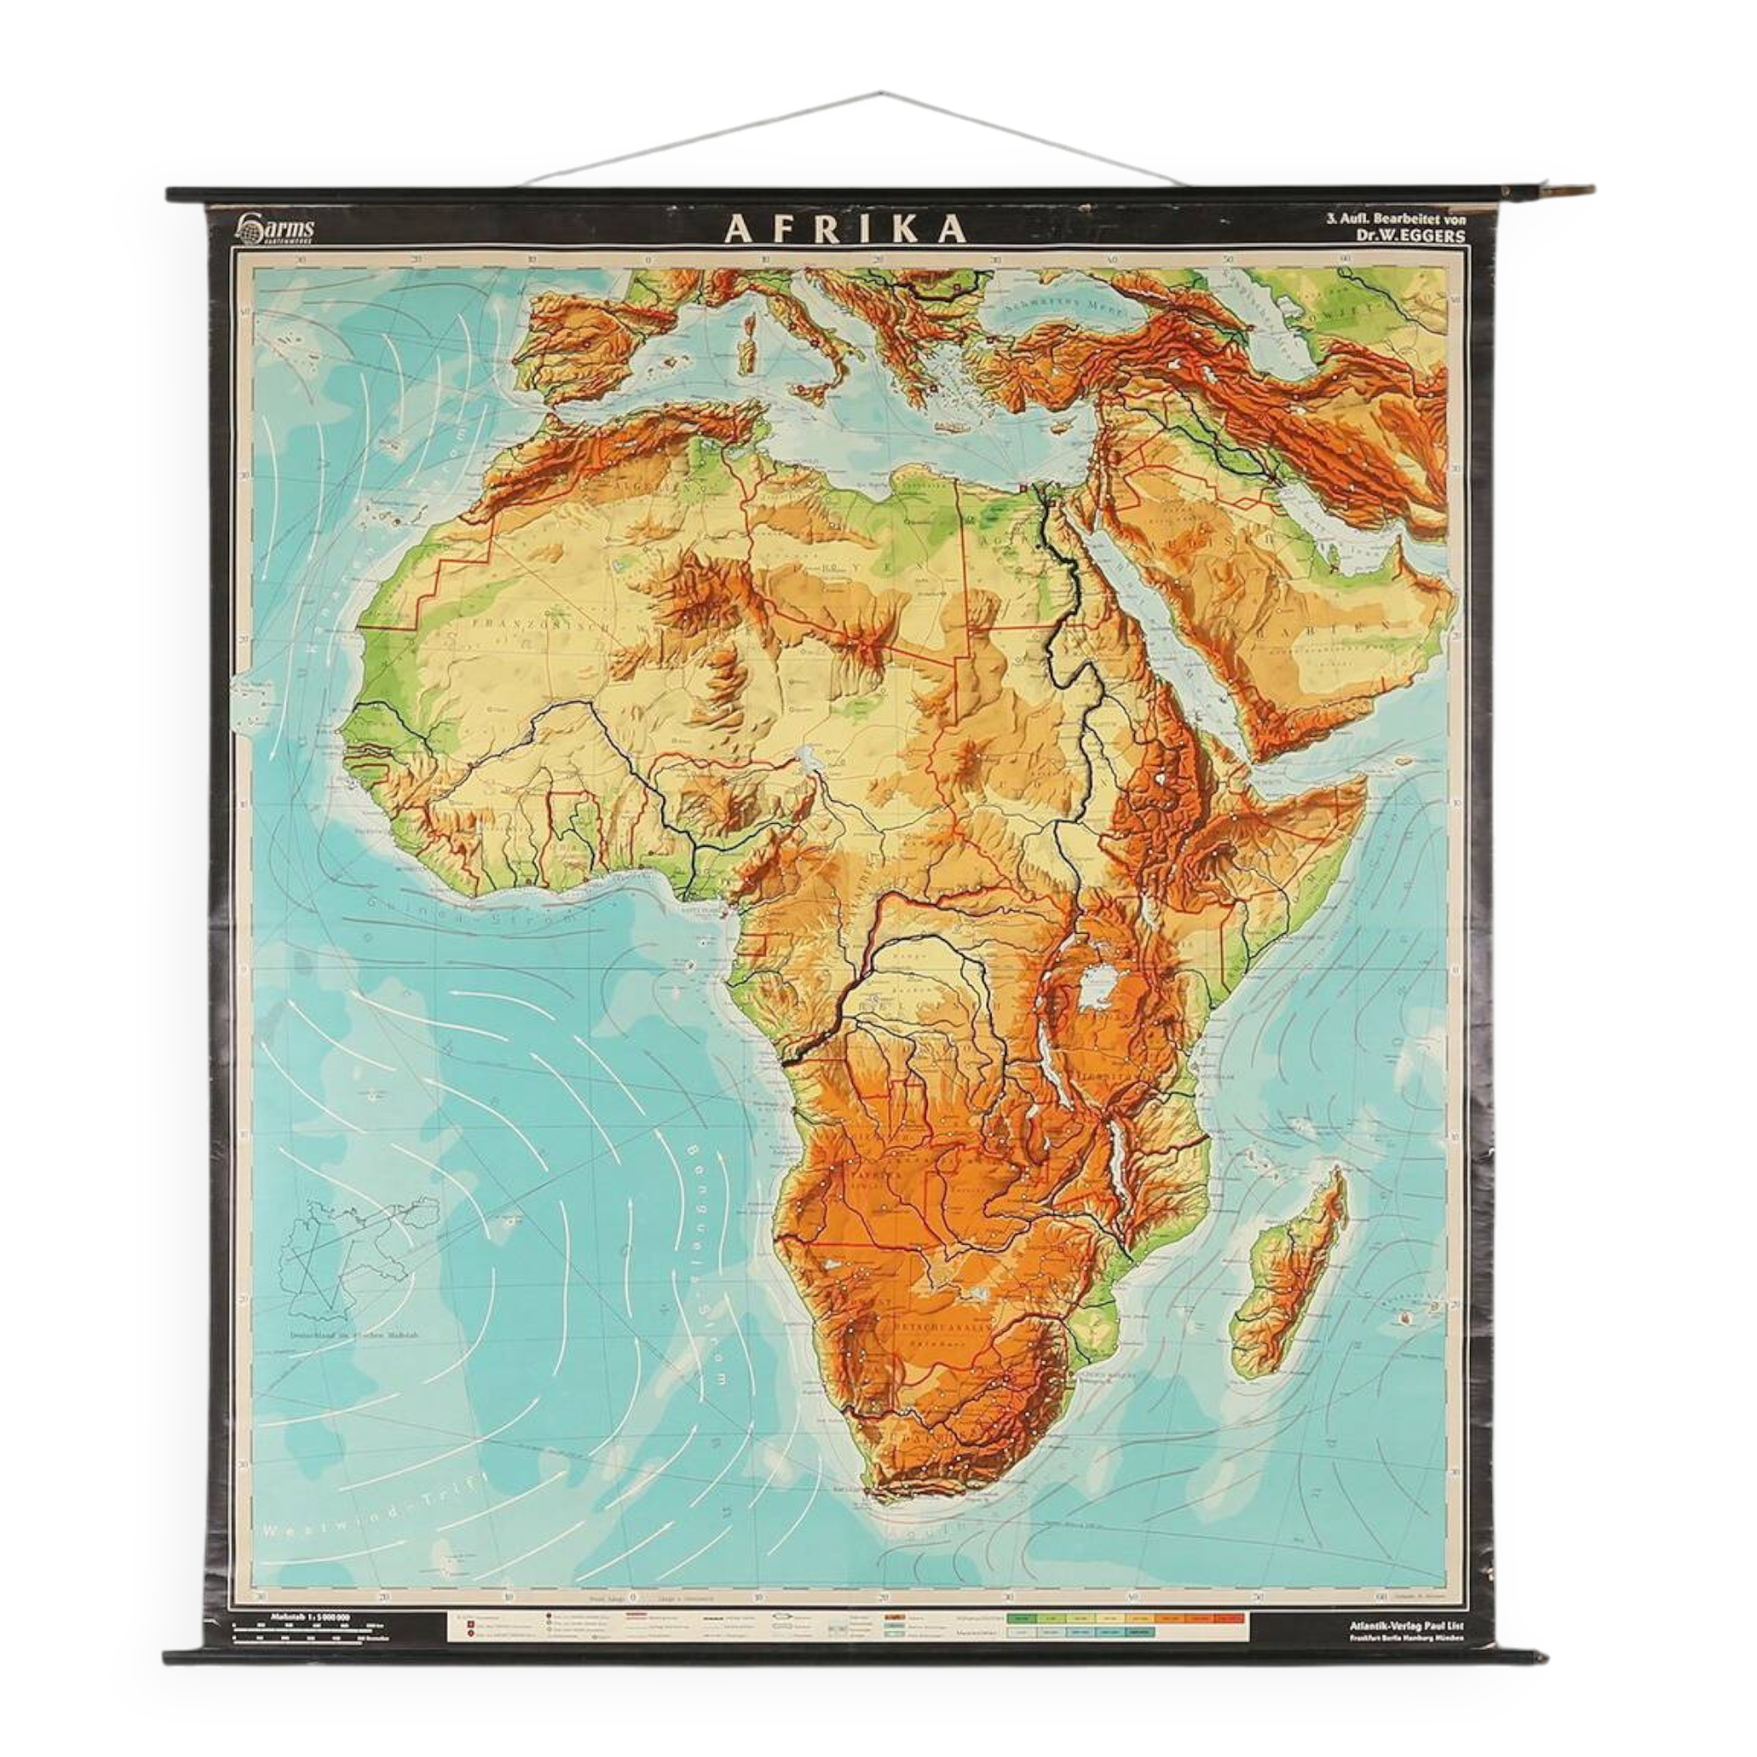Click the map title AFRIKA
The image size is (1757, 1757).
coord(846,230)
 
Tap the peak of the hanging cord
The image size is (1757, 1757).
coord(880,92)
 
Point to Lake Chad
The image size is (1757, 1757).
coord(807,755)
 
